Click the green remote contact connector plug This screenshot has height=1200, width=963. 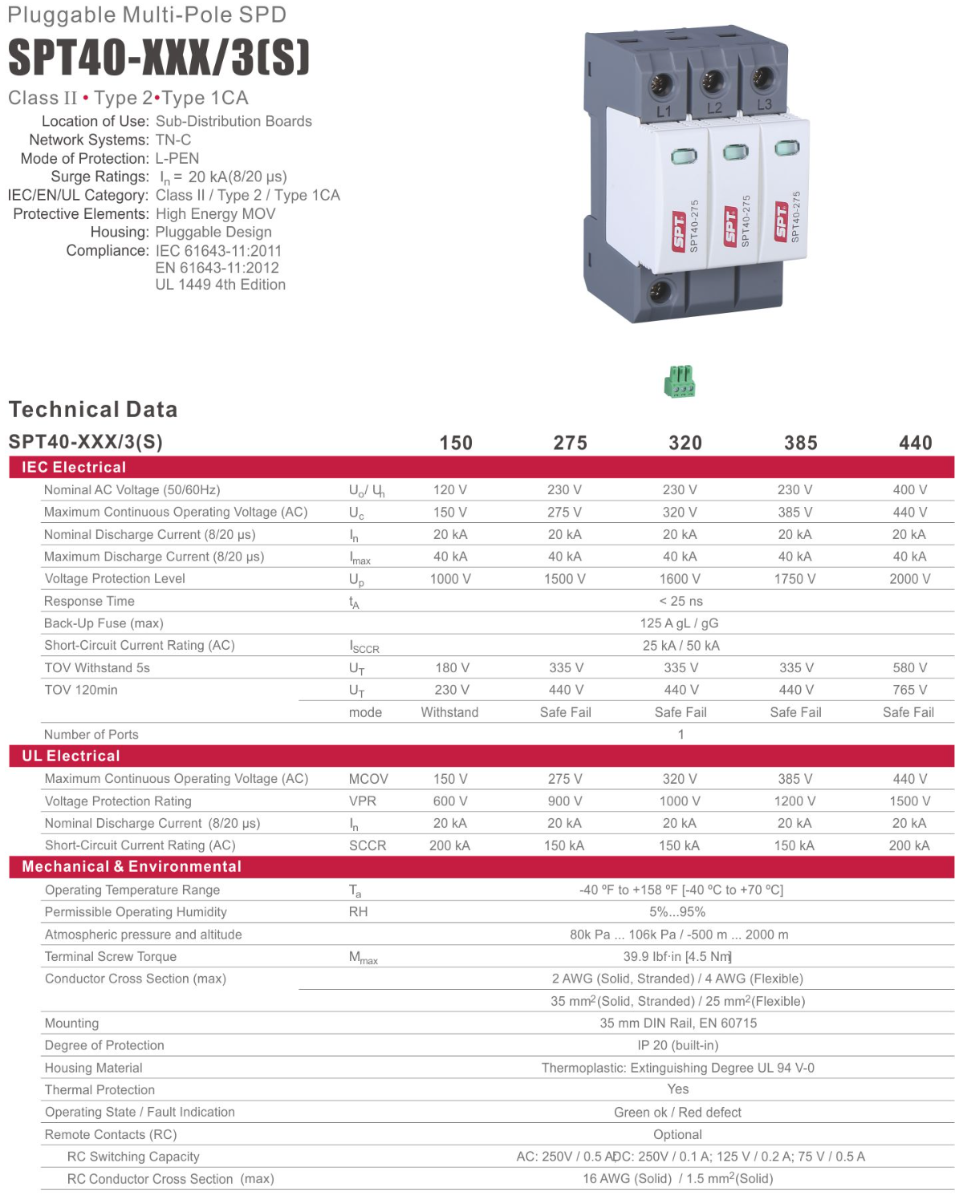[x=680, y=382]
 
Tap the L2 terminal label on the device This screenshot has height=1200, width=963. [x=714, y=107]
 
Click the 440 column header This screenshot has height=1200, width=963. [x=915, y=443]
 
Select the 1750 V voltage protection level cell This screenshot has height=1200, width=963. [x=794, y=578]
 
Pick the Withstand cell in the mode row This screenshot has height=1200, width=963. [x=449, y=712]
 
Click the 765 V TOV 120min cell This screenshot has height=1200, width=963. [x=909, y=690]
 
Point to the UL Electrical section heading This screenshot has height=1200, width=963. [x=71, y=756]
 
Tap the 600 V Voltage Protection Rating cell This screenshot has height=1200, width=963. [x=450, y=801]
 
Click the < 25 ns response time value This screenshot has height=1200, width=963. [x=681, y=601]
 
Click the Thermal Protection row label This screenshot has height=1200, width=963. [x=100, y=1089]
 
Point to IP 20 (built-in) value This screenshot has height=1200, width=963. [x=678, y=1045]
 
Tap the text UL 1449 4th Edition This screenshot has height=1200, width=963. [x=221, y=285]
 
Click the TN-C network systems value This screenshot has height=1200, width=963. [x=173, y=140]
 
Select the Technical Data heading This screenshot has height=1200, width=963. [x=93, y=409]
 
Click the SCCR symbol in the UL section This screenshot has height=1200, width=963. [x=368, y=845]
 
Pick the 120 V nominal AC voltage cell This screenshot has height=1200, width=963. [x=450, y=489]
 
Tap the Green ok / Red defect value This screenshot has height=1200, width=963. [x=677, y=1112]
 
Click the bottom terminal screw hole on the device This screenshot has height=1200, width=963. [x=659, y=290]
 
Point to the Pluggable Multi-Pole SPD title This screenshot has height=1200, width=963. [x=147, y=14]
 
